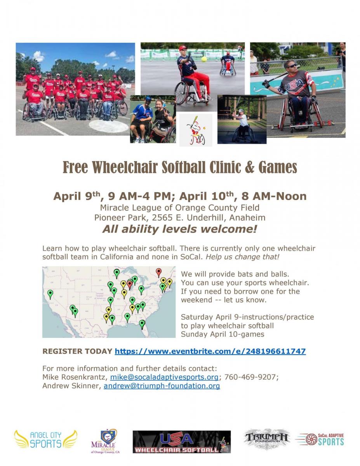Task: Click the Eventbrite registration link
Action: click(210, 351)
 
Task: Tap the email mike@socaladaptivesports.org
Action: click(164, 377)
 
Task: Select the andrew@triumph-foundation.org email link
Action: click(162, 386)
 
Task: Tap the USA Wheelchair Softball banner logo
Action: click(182, 442)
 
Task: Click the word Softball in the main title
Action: click(184, 167)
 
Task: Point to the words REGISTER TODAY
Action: click(77, 351)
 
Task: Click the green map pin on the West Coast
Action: click(50, 294)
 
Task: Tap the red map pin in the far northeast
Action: click(158, 272)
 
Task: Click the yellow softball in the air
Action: click(204, 59)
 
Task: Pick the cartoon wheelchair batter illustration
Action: click(196, 130)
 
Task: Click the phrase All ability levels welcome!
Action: click(180, 229)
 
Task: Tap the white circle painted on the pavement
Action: click(109, 126)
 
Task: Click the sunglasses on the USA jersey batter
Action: click(292, 66)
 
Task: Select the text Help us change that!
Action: click(242, 257)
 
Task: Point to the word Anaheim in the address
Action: click(247, 218)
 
